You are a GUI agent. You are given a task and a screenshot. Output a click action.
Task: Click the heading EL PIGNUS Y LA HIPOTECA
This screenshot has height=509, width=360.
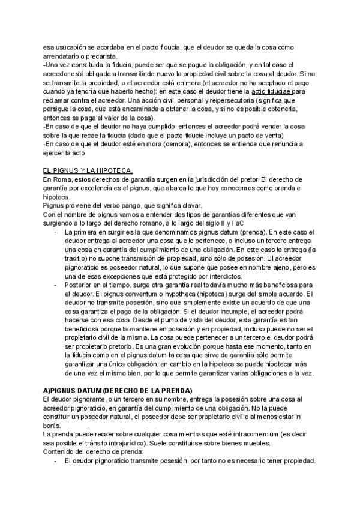tap(88, 170)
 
